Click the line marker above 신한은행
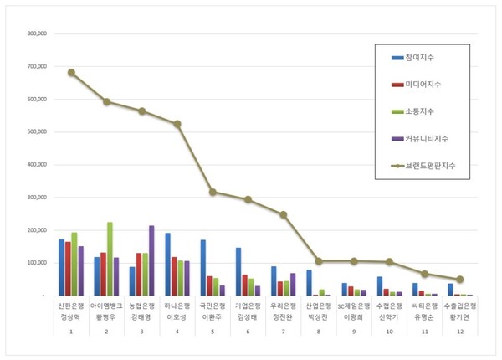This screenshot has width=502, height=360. click(72, 73)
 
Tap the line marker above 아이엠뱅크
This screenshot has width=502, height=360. click(107, 102)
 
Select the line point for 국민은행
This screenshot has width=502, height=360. click(213, 192)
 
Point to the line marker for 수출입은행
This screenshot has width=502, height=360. click(459, 280)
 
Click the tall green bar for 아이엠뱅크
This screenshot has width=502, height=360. click(110, 259)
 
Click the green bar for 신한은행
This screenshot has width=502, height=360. click(74, 264)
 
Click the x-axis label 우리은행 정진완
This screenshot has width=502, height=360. click(284, 311)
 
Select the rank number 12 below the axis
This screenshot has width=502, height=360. click(460, 332)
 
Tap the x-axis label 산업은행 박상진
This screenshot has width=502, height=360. click(319, 311)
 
